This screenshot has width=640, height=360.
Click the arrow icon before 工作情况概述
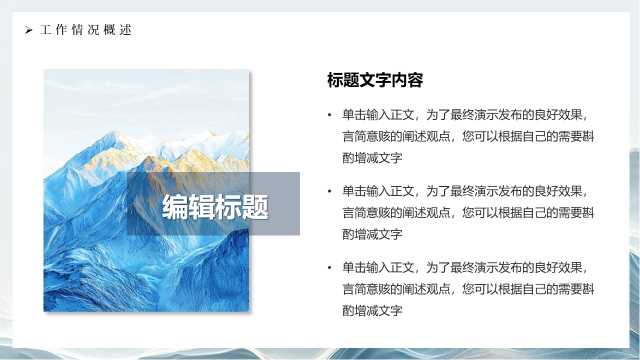coord(28,30)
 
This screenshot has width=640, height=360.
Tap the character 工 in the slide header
coord(46,30)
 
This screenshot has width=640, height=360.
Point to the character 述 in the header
coord(126,30)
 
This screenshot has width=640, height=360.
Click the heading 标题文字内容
coord(375,80)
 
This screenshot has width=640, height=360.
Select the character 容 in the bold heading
coord(415,80)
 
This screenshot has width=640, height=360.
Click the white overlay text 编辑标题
coord(216,207)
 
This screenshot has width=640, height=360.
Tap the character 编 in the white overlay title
coord(176,207)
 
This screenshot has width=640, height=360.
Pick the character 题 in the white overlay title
coord(256,207)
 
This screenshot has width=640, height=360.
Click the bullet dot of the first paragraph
coord(329,115)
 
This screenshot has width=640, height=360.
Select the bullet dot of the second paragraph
coord(329,191)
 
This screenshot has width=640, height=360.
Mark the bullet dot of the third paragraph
coord(329,268)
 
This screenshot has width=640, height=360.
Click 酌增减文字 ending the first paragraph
coord(372,158)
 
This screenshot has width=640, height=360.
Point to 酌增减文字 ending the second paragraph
coord(372,234)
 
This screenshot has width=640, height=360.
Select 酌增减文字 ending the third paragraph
coord(372,311)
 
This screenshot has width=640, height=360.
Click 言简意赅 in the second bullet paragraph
coord(366,213)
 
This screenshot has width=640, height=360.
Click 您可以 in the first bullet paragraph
coord(480,136)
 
